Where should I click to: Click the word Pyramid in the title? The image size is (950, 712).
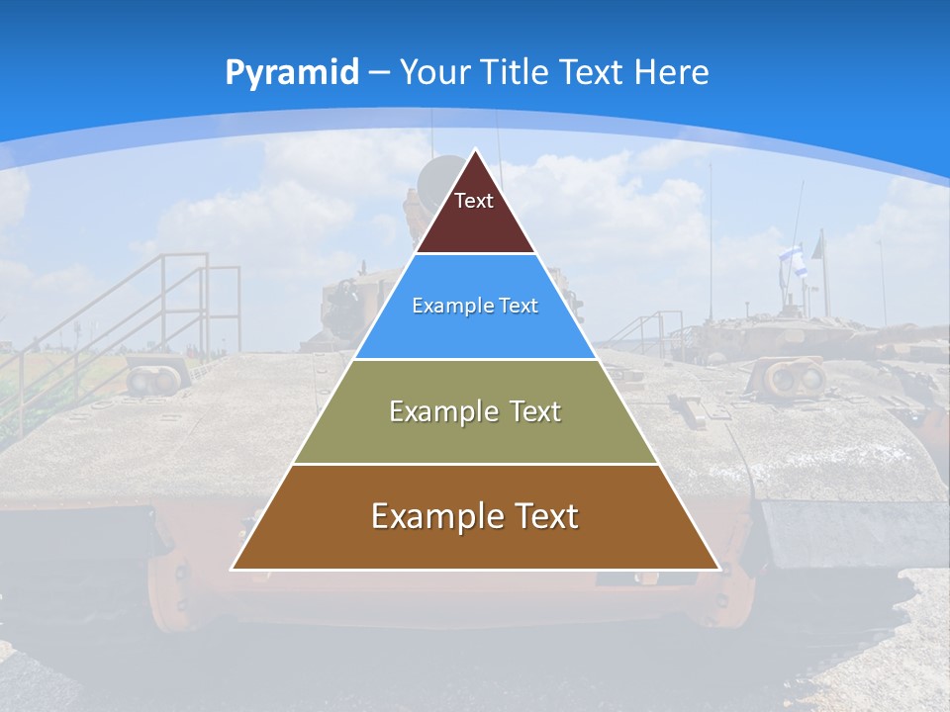pos(291,72)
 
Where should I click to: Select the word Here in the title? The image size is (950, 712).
pos(671,72)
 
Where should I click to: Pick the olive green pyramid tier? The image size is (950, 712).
pos(475,435)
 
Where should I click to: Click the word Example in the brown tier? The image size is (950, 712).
pos(434,516)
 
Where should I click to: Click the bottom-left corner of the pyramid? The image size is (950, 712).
pos(233,569)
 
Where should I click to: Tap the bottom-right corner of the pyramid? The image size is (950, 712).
pos(719,569)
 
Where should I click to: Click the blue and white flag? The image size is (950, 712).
pos(793,260)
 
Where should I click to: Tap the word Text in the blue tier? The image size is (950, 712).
pos(520,306)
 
